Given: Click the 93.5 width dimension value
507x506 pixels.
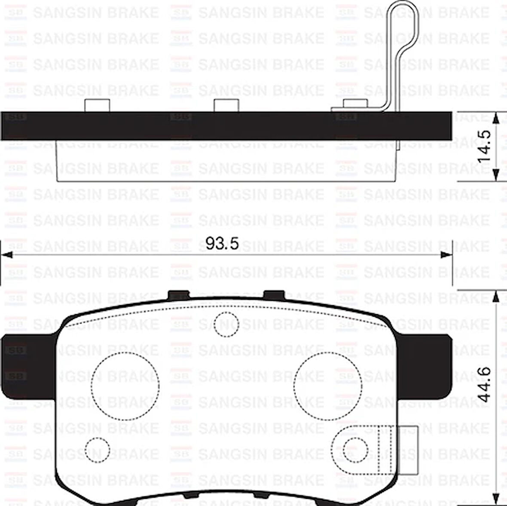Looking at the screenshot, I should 222,243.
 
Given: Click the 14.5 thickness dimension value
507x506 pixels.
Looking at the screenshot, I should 485,146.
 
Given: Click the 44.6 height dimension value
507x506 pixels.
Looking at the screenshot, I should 485,384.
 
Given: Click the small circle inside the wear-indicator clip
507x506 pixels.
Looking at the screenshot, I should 356,449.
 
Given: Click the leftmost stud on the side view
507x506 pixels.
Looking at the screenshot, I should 97,105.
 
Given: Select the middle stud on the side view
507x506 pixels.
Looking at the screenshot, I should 226,105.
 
